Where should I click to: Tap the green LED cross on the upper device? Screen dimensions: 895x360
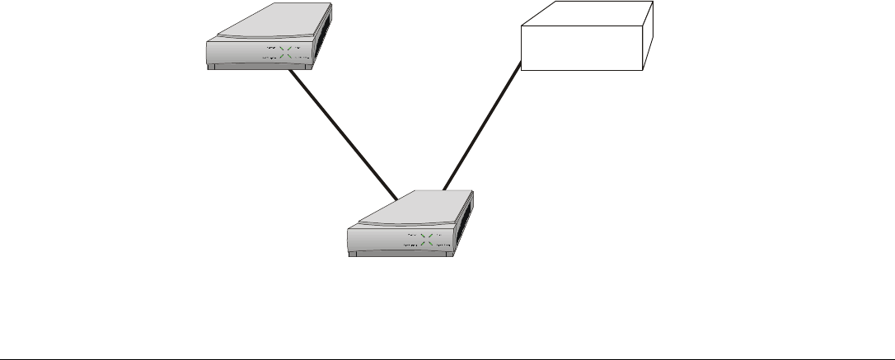click(x=285, y=54)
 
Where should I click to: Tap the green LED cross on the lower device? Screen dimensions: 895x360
click(x=428, y=240)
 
